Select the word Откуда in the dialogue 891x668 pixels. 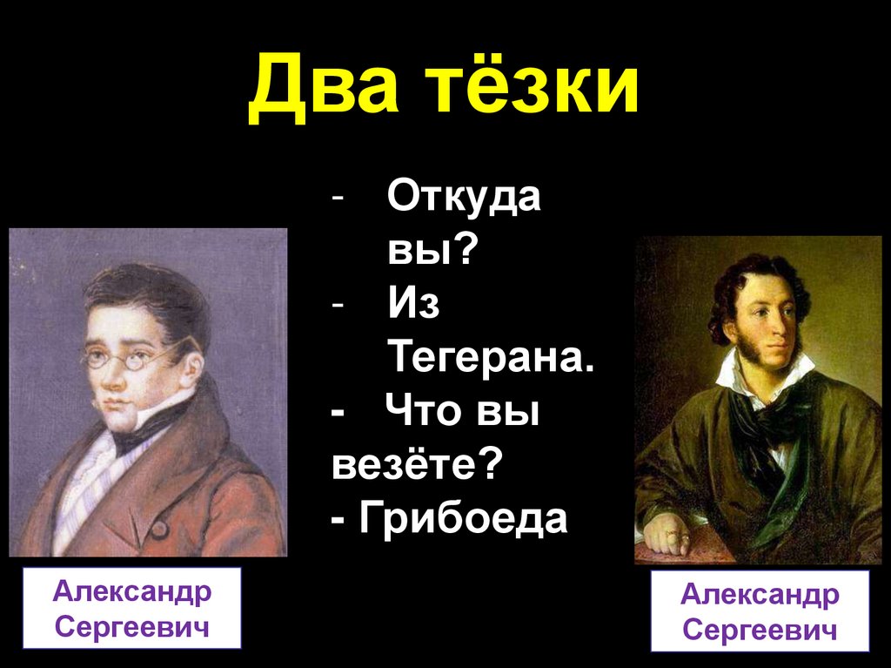464,199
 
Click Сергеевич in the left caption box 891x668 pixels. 131,626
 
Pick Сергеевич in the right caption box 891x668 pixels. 760,630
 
